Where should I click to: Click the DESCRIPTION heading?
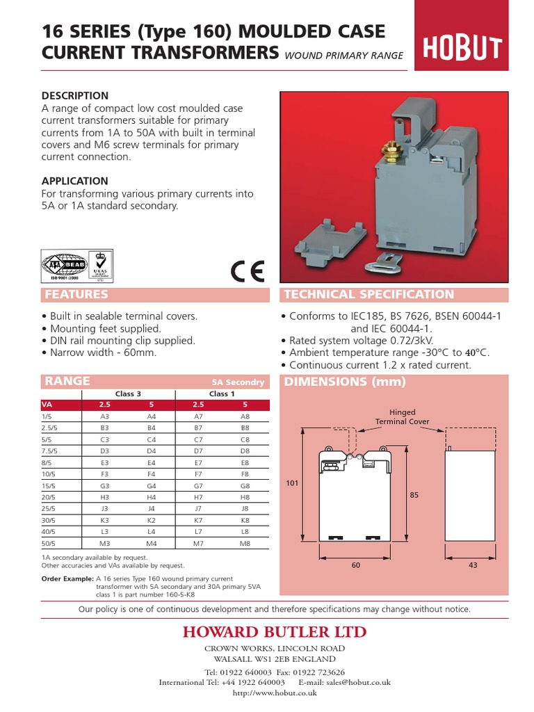[x=75, y=95]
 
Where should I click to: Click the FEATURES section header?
[x=76, y=295]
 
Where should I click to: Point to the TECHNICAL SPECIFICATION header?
[x=369, y=295]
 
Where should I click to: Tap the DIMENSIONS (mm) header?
[x=344, y=382]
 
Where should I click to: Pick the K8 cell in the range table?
[x=244, y=519]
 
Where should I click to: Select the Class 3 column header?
[x=124, y=394]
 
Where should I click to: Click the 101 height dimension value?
[x=291, y=483]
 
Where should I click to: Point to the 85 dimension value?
[x=414, y=495]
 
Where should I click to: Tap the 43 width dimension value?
[x=473, y=565]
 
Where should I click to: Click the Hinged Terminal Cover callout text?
[x=403, y=416]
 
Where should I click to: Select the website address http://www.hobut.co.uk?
[x=275, y=693]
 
